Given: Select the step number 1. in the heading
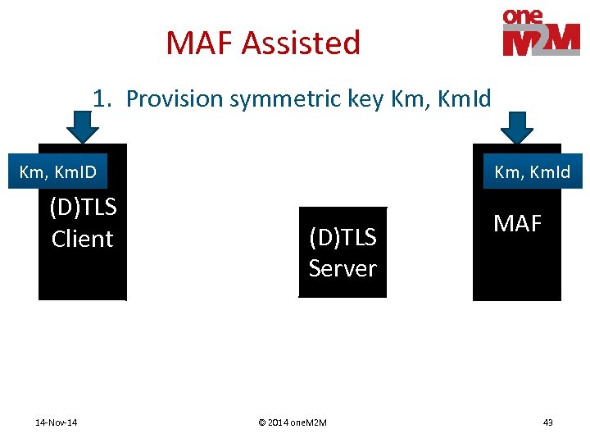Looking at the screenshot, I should coord(102,99).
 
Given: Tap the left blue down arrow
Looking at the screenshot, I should coord(82,127).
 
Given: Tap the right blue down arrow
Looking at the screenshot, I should coord(516,127).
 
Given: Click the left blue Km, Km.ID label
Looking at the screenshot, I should coord(57,172).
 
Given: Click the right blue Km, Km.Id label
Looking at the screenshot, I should coord(532,172).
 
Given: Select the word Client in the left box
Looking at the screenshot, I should coord(82,239).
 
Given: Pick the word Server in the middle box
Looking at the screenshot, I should coord(343,268).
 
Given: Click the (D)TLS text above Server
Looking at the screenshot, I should coord(343,237).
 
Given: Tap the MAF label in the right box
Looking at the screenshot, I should coord(517,223).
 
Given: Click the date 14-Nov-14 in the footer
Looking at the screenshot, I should coord(57,422).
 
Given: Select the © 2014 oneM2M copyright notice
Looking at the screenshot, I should coord(293,422).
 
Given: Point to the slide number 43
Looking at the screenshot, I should coord(547,422).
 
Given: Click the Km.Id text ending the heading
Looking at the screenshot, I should coord(464,99).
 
